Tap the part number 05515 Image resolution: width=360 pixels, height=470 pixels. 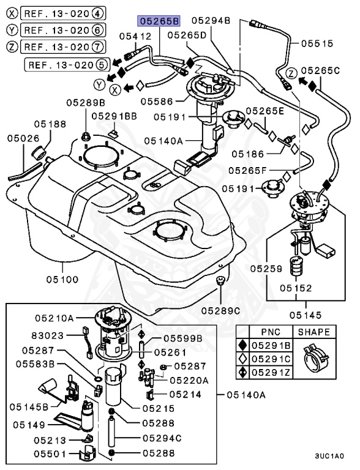(317, 43)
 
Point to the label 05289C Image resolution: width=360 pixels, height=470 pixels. (220, 311)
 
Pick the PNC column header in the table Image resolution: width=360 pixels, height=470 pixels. (271, 332)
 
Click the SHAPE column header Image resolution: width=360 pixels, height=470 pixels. (313, 332)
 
